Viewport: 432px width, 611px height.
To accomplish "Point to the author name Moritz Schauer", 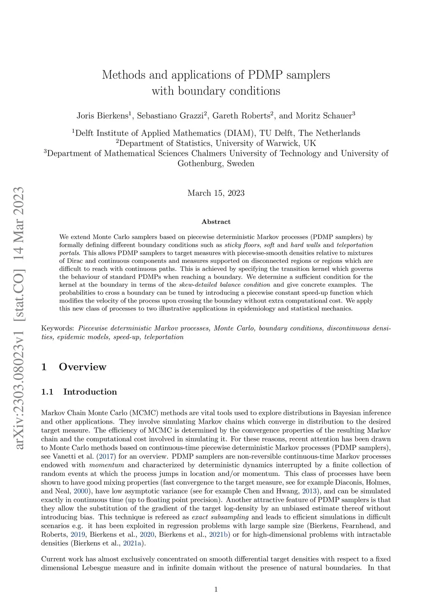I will click(x=322, y=116).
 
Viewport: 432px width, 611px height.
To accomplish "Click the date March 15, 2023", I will click(x=216, y=193).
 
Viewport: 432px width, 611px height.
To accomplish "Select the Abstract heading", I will click(x=216, y=222).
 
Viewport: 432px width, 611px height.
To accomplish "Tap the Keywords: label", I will click(x=58, y=328).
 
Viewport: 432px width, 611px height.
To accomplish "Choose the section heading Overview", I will click(x=83, y=367).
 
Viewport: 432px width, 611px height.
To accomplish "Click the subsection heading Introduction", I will click(x=90, y=392).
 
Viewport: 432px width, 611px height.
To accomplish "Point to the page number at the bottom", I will click(x=216, y=589).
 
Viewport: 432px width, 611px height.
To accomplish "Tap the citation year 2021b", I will click(x=219, y=535).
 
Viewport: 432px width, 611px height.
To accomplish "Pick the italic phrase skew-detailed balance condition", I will click(x=224, y=285).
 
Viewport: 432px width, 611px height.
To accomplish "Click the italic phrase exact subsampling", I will click(x=220, y=517).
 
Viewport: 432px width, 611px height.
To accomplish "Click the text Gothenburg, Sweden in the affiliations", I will click(x=216, y=164).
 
